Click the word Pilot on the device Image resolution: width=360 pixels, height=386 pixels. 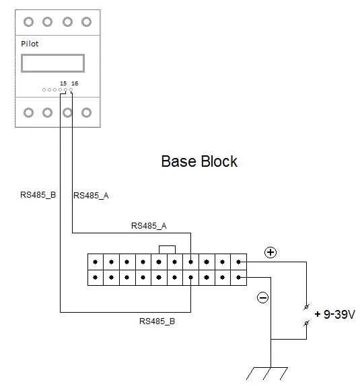click(30, 44)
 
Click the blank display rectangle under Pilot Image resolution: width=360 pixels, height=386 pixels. click(52, 55)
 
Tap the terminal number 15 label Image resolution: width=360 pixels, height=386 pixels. click(63, 83)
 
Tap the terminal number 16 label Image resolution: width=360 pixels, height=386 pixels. click(75, 83)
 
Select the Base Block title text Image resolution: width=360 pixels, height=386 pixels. click(199, 161)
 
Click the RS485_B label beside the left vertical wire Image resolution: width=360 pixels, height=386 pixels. click(38, 195)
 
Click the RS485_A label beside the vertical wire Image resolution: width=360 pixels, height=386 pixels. click(91, 196)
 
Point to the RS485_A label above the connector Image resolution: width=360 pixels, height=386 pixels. click(149, 226)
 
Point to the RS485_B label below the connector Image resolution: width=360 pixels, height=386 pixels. click(157, 321)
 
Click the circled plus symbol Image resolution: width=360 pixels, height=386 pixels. click(271, 252)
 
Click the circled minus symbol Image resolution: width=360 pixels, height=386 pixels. click(262, 298)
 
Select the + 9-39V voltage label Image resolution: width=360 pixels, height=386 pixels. click(335, 314)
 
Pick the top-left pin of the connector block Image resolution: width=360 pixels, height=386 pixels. click(96, 262)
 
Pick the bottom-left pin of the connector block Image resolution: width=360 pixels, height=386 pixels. click(96, 278)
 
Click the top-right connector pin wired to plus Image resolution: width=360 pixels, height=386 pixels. click(238, 262)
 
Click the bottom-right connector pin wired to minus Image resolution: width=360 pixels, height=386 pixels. click(238, 278)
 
